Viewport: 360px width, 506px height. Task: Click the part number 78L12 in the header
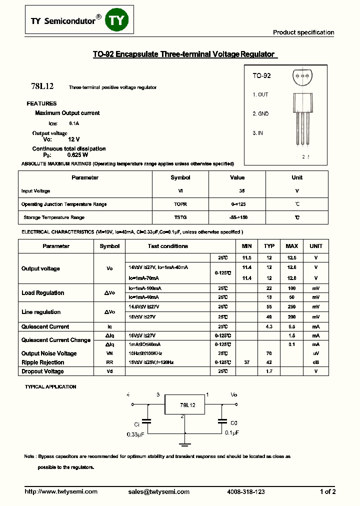(x=42, y=86)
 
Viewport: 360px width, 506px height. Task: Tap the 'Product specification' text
(x=303, y=32)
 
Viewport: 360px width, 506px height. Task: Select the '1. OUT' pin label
(x=260, y=94)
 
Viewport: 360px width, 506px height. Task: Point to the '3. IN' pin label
(x=257, y=133)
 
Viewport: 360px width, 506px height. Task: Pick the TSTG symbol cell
(x=180, y=217)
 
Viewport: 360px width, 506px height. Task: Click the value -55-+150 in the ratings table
(x=237, y=217)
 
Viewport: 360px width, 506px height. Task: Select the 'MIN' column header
(x=246, y=246)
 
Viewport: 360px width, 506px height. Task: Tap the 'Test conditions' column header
(x=167, y=246)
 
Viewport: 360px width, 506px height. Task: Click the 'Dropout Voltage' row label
(x=42, y=371)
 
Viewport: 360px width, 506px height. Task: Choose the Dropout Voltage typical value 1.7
(x=269, y=371)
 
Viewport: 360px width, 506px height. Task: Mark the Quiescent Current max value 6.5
(x=291, y=326)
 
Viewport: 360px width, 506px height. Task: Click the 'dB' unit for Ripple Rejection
(x=315, y=362)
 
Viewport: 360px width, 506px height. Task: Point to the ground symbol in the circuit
(x=185, y=442)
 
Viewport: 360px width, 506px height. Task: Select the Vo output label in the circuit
(x=233, y=394)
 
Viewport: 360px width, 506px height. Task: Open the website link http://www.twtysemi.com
(x=61, y=492)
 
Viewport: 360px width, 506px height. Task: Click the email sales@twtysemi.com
(x=158, y=492)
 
